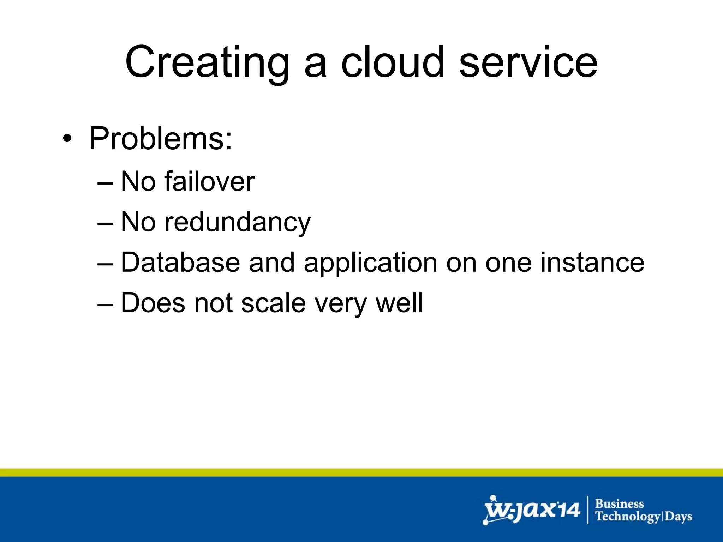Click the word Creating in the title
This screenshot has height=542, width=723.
[207, 63]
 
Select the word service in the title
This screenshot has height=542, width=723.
[528, 63]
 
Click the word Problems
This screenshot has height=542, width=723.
[161, 139]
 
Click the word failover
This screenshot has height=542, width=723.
[209, 181]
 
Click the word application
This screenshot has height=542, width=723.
[370, 263]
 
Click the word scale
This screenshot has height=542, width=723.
[273, 303]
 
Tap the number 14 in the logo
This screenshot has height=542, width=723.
[568, 510]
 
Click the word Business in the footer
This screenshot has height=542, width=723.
[620, 504]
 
